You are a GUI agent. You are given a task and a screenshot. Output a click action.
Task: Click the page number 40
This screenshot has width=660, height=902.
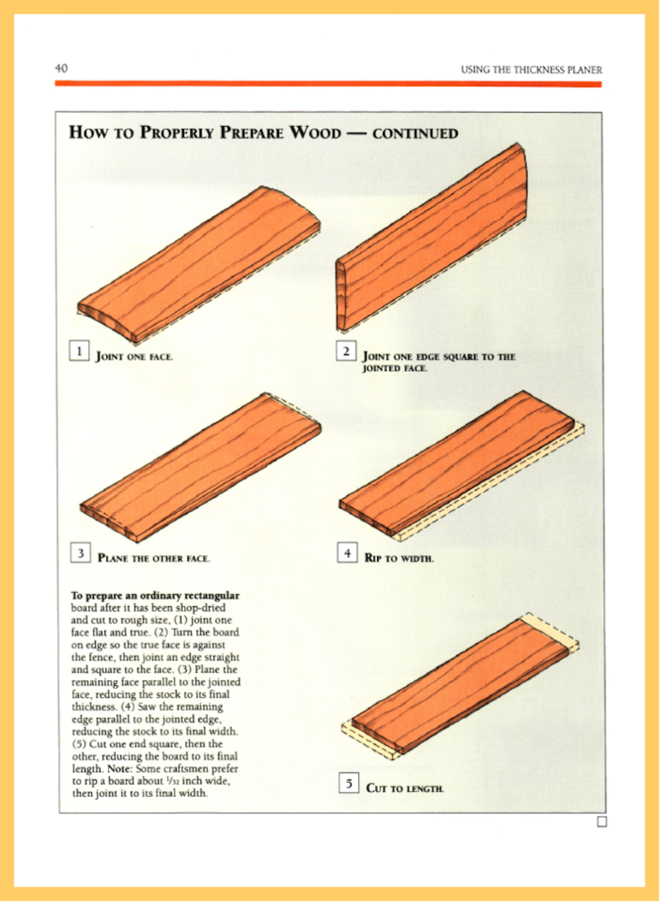[61, 69]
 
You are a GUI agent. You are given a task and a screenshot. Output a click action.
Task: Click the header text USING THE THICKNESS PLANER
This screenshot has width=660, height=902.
[531, 70]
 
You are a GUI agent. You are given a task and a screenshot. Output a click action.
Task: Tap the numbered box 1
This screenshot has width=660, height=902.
[79, 351]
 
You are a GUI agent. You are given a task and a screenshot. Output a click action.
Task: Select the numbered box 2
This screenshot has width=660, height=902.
[346, 351]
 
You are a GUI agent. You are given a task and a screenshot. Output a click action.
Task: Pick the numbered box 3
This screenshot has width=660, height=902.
[80, 552]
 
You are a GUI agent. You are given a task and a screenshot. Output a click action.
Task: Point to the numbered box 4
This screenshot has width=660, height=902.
[347, 552]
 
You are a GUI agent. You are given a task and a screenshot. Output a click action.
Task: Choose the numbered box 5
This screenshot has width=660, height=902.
[349, 783]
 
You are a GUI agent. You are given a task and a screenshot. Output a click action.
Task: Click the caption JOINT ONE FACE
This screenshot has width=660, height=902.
[134, 357]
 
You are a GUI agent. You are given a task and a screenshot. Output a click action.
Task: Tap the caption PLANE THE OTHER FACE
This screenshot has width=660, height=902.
[154, 558]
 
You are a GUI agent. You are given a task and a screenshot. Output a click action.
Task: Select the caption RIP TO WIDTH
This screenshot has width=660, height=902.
[399, 558]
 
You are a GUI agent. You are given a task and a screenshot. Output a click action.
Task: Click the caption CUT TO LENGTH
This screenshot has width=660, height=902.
[405, 788]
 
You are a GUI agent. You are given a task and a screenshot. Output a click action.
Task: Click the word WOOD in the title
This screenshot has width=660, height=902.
[315, 132]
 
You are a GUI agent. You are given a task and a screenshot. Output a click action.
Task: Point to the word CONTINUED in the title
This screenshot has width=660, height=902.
[415, 133]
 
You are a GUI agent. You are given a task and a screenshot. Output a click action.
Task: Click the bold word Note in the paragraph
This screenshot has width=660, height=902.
[119, 769]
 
